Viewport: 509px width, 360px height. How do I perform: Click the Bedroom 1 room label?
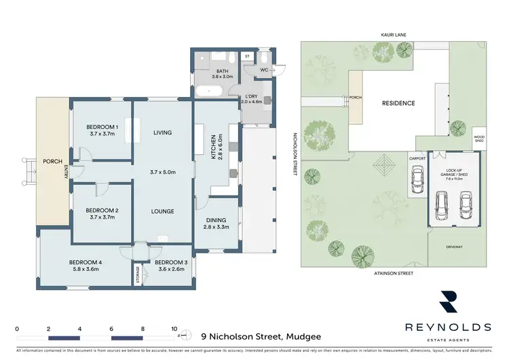[102, 127]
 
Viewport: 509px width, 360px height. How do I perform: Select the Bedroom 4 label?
[86, 262]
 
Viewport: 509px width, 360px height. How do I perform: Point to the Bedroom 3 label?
[170, 262]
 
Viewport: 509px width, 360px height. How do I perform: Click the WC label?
[265, 69]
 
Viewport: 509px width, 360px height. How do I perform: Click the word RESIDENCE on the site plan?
[398, 103]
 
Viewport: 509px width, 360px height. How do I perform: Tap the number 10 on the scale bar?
[174, 328]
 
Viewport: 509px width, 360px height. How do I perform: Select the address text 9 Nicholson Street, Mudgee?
[261, 336]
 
